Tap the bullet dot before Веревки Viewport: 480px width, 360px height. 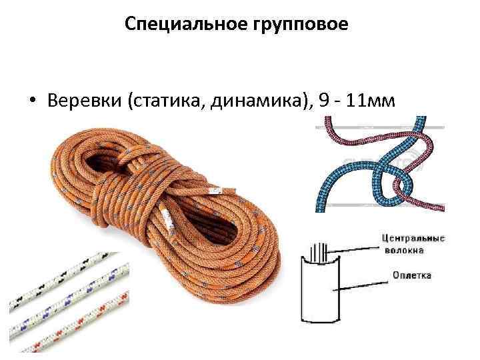31,101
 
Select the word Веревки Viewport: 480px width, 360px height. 80,100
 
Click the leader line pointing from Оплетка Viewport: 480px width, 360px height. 361,281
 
